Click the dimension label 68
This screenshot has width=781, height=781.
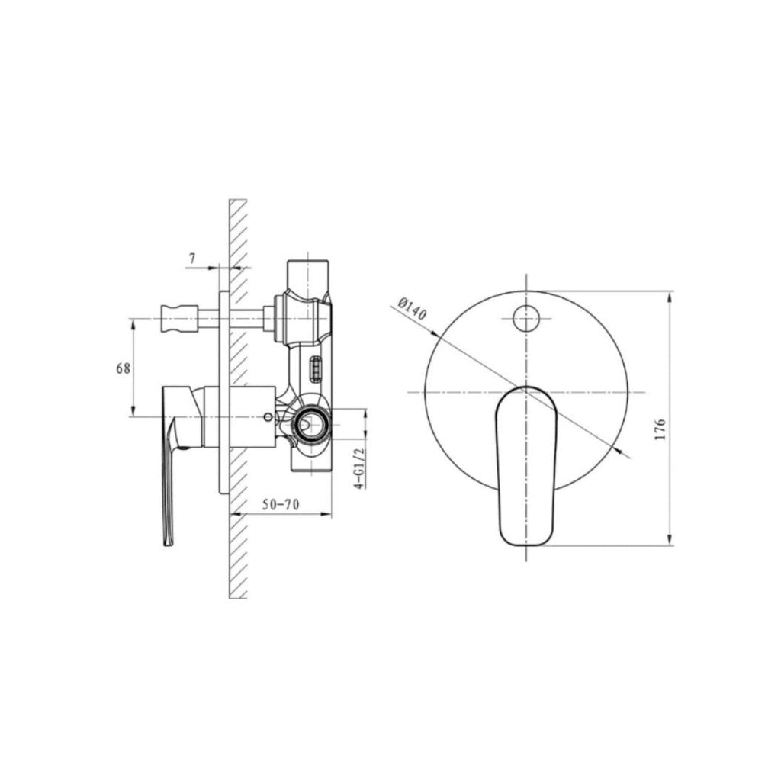(123, 368)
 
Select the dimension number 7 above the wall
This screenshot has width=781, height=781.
(192, 259)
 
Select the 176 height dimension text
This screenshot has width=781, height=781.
(660, 429)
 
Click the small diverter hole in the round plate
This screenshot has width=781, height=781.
(525, 317)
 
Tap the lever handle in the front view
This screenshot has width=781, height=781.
(526, 465)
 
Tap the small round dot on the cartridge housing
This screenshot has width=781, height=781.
(266, 417)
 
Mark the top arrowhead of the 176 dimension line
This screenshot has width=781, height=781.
(670, 296)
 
